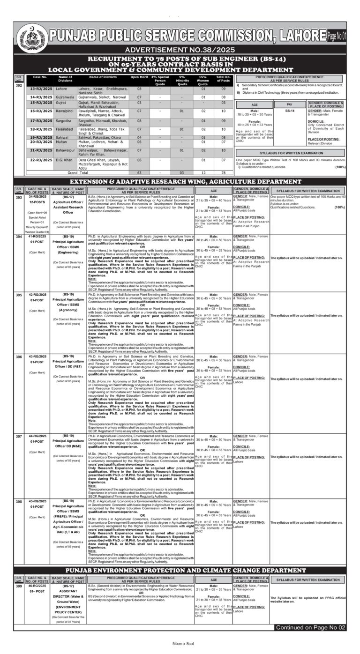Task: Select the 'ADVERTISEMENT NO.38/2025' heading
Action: tap(180, 49)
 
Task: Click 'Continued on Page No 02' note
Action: tap(310, 627)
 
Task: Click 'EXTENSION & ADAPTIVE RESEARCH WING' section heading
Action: tap(180, 181)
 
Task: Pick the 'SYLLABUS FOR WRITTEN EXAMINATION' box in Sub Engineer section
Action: tap(291, 153)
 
